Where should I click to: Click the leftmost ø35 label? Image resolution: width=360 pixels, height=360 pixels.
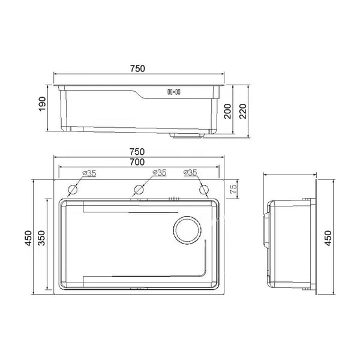click(89, 173)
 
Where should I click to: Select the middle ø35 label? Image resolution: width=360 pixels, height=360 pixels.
click(158, 173)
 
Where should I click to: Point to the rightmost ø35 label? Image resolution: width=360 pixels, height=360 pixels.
click(190, 173)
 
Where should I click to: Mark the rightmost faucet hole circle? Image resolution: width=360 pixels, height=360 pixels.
click(203, 190)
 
